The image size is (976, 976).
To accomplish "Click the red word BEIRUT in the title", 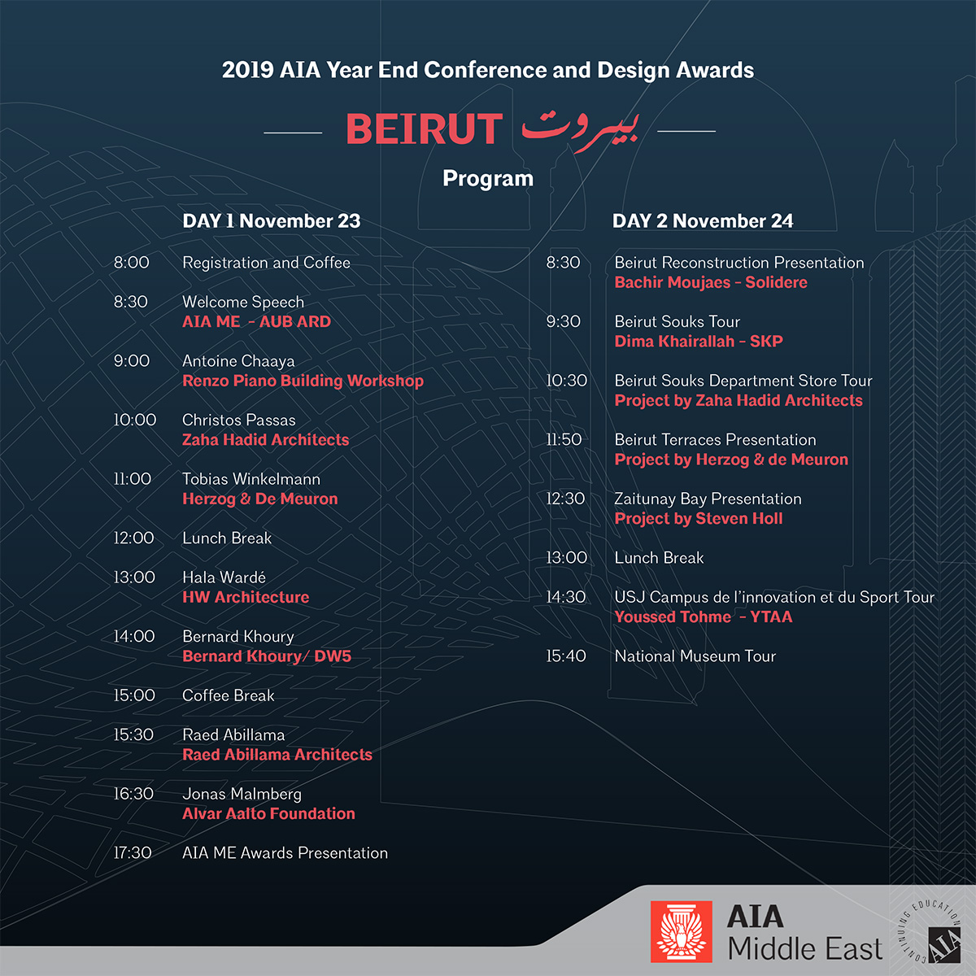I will [x=424, y=129].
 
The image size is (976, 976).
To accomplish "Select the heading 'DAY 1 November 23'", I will [x=271, y=221].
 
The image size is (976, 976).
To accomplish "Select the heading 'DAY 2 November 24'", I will [x=703, y=221].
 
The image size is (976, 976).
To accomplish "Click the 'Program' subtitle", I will [x=488, y=179].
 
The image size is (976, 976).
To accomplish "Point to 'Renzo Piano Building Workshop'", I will [x=303, y=381].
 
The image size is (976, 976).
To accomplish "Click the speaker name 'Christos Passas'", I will [x=238, y=420].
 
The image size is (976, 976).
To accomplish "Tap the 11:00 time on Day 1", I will [x=133, y=479].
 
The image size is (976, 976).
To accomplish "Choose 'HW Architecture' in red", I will [x=246, y=597].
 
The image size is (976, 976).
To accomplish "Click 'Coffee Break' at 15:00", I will [x=228, y=695].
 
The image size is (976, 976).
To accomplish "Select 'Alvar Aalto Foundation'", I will [x=268, y=813].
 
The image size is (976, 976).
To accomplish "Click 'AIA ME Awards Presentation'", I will [x=285, y=853].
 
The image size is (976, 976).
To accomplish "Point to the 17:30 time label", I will [x=133, y=853].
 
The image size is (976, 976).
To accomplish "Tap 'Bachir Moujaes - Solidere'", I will [x=711, y=282].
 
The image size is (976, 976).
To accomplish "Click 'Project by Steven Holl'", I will [x=698, y=519].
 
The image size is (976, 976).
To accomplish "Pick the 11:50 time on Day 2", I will [x=564, y=440].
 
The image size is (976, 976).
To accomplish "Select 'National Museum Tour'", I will [x=695, y=656].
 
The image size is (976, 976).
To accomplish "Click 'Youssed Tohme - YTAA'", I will [x=703, y=617].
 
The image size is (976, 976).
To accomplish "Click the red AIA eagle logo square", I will [x=681, y=931].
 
